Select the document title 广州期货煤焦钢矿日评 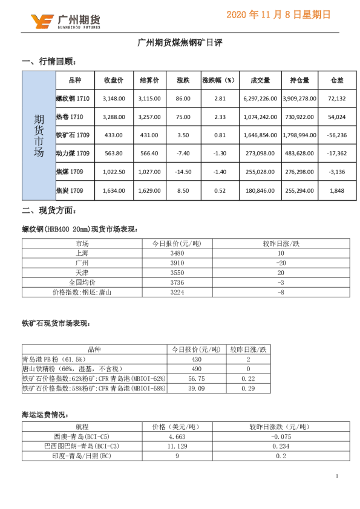click(180, 43)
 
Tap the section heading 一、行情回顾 click(49, 62)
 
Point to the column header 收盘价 click(114, 80)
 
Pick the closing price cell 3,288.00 click(114, 117)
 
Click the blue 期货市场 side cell click(39, 135)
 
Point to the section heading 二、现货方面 click(49, 210)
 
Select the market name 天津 click(82, 273)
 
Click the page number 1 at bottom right click(336, 477)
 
